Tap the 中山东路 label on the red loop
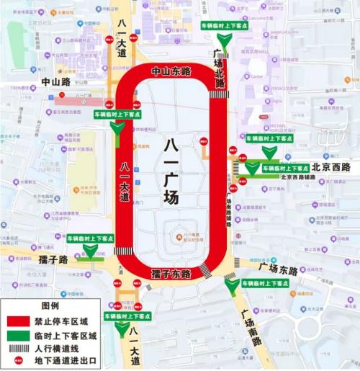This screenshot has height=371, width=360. [171, 72]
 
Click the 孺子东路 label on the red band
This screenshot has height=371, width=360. [171, 274]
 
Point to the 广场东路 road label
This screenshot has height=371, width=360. [278, 269]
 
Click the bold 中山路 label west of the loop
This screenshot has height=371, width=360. [55, 82]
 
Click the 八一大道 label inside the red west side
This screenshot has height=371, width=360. [125, 180]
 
